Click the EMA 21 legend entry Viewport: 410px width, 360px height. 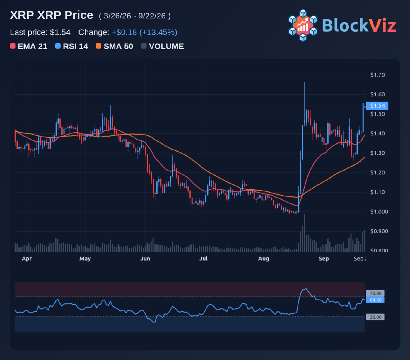(28, 46)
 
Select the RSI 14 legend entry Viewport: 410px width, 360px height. (72, 46)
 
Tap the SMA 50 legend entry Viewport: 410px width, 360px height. (115, 46)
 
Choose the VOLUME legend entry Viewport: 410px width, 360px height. (163, 46)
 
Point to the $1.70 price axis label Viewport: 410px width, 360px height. (377, 75)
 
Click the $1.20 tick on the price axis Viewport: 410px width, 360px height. (377, 173)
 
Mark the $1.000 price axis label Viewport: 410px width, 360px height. (379, 212)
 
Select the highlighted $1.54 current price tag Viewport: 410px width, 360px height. (377, 106)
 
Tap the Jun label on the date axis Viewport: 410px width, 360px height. (145, 259)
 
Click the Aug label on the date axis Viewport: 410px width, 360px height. (264, 259)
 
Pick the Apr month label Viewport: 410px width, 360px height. (27, 259)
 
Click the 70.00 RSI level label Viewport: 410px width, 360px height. (375, 293)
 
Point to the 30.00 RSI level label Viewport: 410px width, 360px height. (375, 317)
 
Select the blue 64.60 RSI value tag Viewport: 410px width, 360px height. (375, 300)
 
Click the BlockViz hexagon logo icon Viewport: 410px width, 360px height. (303, 25)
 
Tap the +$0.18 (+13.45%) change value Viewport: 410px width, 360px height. (144, 33)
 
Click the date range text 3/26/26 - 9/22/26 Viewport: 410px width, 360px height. (135, 16)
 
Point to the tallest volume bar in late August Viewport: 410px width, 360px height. (304, 233)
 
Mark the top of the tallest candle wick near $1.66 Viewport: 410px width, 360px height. (304, 82)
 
